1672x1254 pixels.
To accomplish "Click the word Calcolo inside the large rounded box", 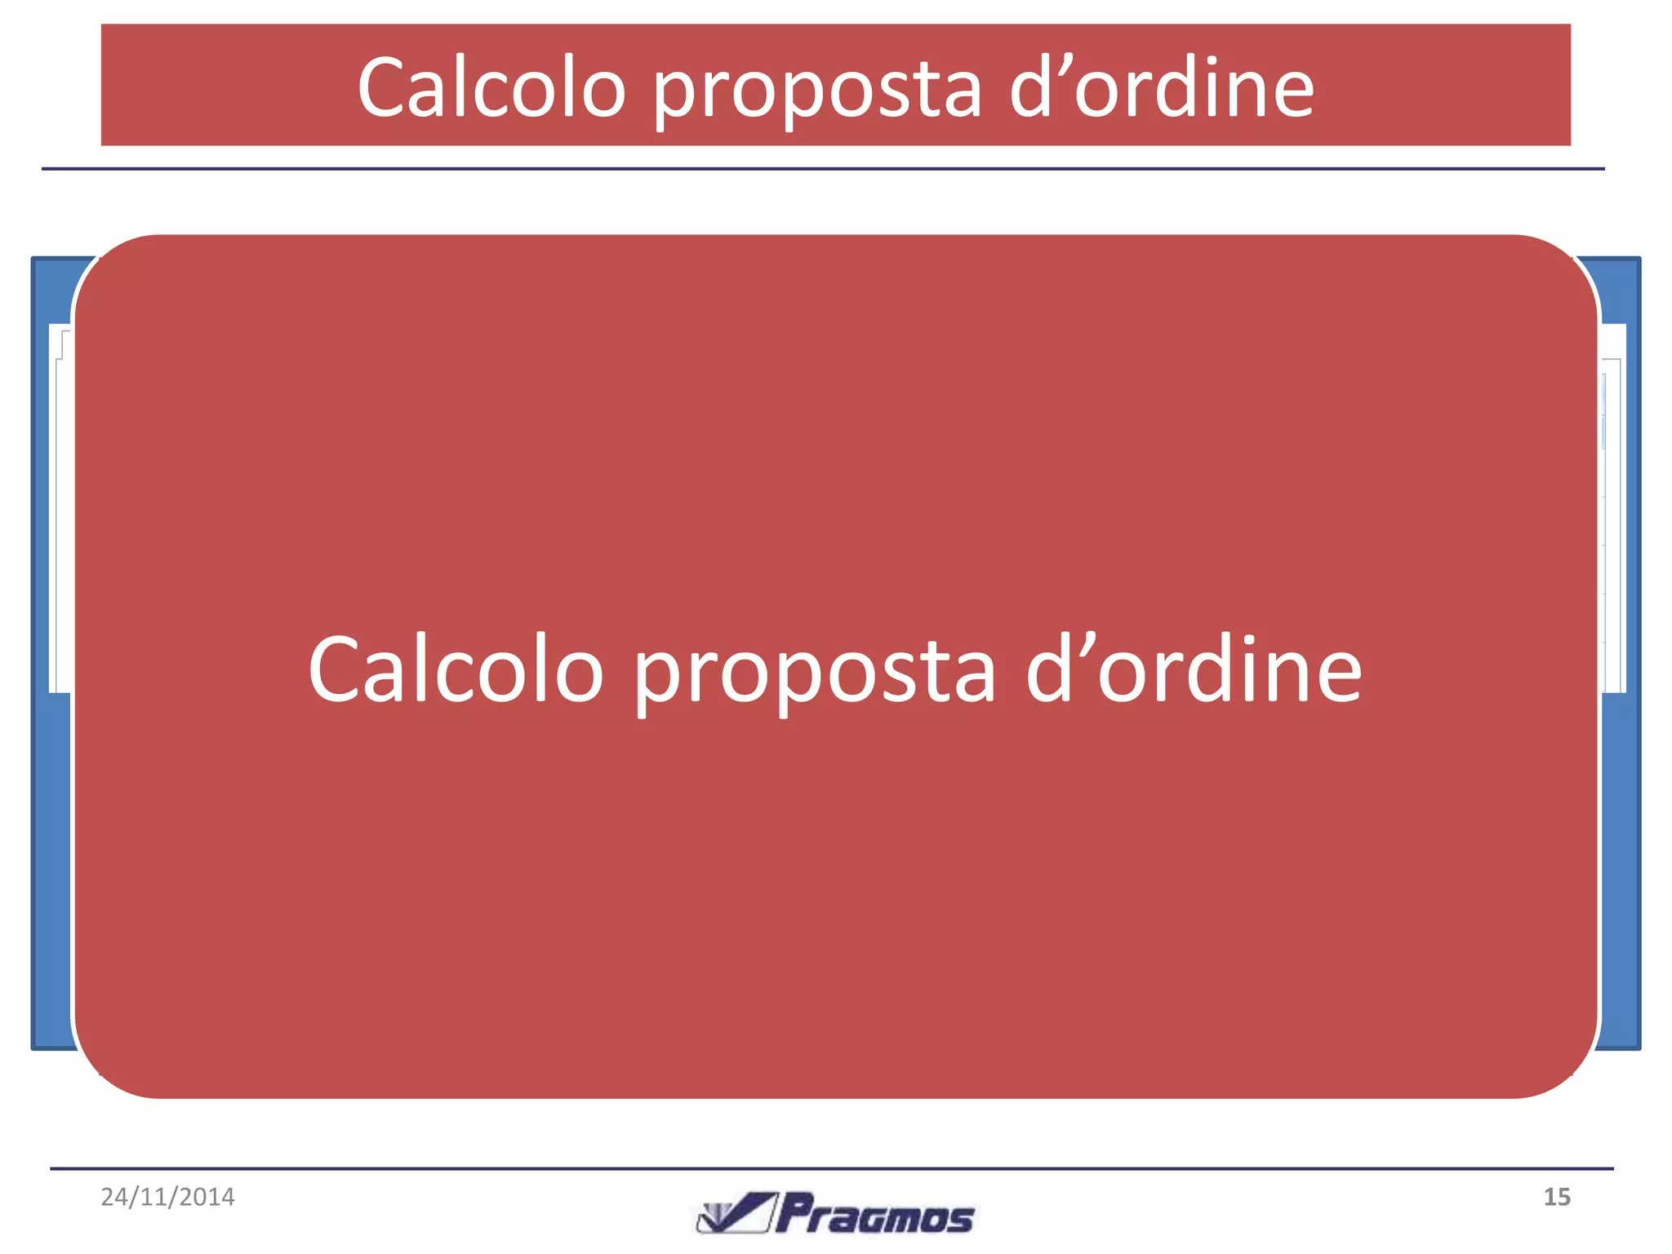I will pyautogui.click(x=456, y=669).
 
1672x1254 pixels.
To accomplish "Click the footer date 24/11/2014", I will pyautogui.click(x=167, y=1197).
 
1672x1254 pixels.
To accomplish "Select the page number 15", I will pyautogui.click(x=1556, y=1197).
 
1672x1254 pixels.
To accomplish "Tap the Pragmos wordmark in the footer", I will pyautogui.click(x=874, y=1215).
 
